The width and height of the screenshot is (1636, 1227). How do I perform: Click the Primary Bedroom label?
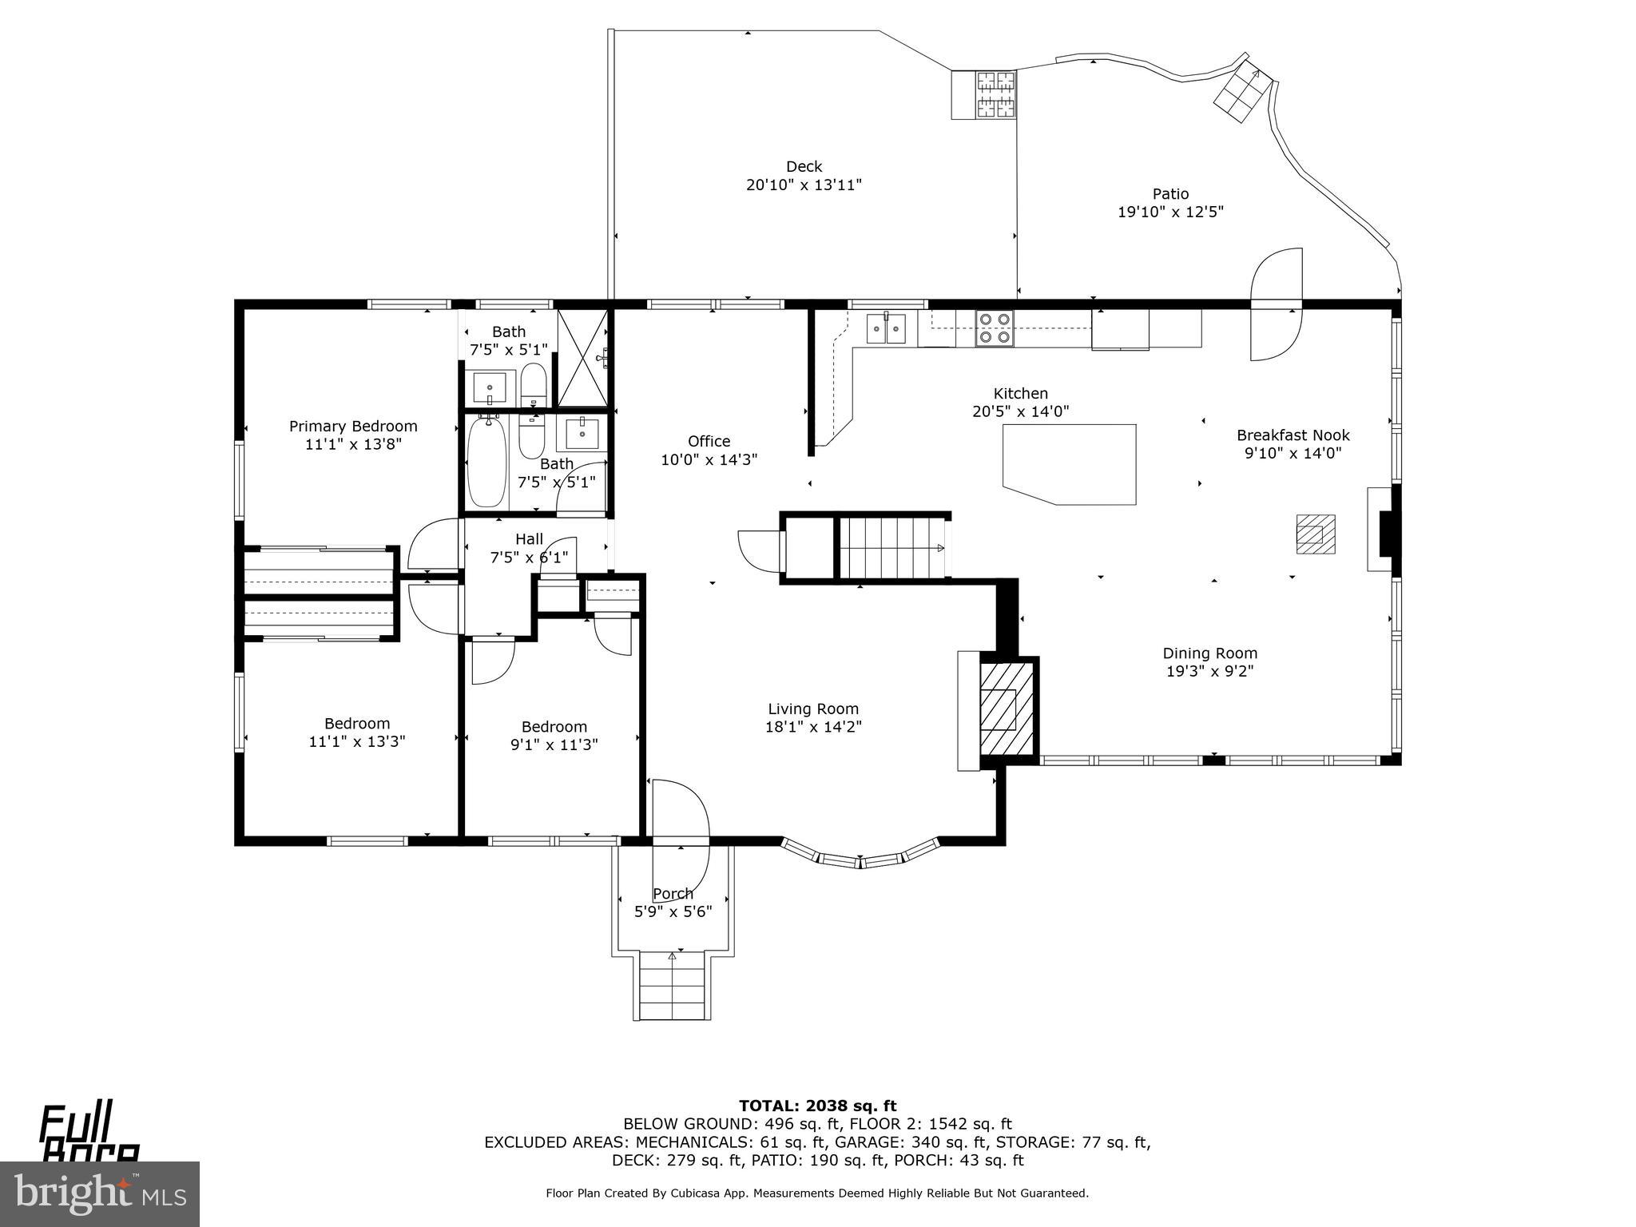click(x=353, y=427)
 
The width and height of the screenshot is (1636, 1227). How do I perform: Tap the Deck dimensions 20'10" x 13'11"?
click(x=804, y=185)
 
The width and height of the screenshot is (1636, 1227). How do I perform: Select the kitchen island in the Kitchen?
click(x=1070, y=463)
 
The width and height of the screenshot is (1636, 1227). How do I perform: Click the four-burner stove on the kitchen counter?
click(x=994, y=328)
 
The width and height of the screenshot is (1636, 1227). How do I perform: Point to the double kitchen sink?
click(x=887, y=328)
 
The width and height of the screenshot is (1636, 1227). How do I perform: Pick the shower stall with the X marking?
click(x=582, y=358)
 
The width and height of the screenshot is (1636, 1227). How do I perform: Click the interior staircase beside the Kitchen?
click(x=891, y=547)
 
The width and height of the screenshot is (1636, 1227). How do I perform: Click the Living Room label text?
click(x=813, y=709)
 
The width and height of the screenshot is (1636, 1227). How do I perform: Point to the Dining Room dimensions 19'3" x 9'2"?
click(x=1209, y=671)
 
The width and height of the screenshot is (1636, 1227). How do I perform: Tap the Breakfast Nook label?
click(x=1293, y=435)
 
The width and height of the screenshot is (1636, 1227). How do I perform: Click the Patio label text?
click(x=1170, y=194)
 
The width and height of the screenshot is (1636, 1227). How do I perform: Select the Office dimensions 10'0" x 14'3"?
click(x=709, y=460)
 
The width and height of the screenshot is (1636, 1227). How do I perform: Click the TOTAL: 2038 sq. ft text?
click(x=817, y=1106)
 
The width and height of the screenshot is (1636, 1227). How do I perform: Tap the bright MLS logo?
click(x=100, y=1193)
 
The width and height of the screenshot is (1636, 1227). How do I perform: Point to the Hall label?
click(x=529, y=539)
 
